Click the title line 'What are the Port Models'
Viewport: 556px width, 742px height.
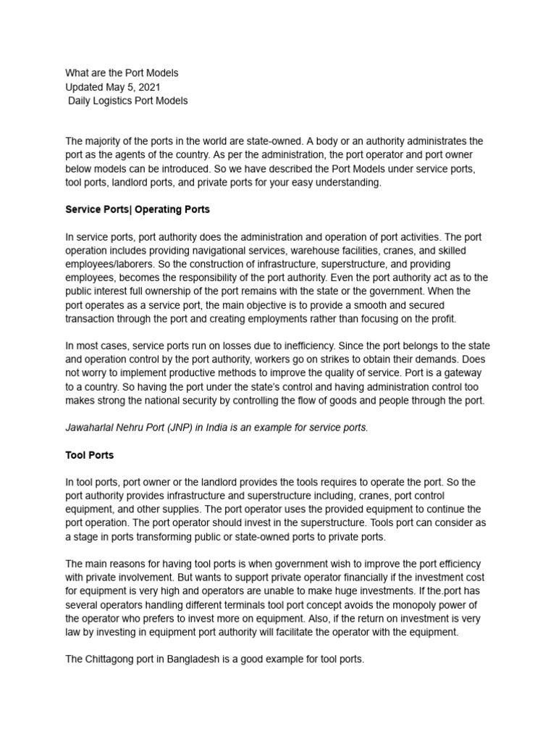[122, 73]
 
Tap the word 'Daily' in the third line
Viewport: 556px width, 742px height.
[82, 101]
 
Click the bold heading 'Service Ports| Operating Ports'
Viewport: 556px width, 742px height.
[138, 209]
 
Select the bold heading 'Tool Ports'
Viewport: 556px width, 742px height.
[89, 455]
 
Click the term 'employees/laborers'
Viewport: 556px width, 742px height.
[109, 264]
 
